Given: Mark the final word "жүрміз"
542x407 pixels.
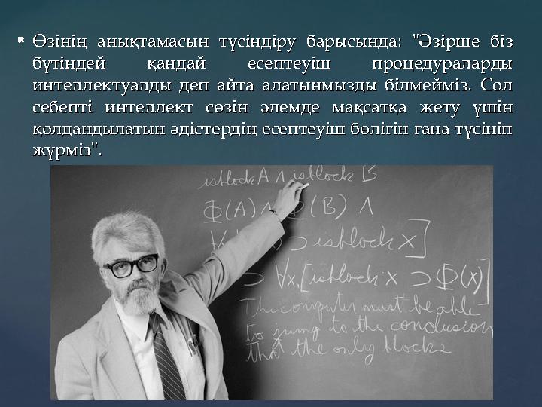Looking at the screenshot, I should click(x=65, y=151).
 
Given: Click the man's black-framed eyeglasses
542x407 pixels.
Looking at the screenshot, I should click(x=131, y=265).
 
